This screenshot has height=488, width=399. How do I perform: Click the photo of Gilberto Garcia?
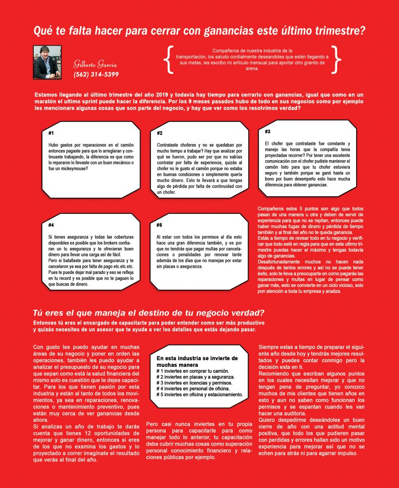[x=47, y=62]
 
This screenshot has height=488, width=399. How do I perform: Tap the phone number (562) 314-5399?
[x=96, y=74]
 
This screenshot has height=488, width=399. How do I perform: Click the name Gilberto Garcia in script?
[x=95, y=64]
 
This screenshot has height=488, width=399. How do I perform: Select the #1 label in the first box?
[x=51, y=133]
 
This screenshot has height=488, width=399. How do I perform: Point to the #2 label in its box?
[x=160, y=133]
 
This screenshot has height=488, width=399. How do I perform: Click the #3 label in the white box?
[x=268, y=131]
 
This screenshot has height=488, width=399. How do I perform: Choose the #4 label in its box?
[x=51, y=224]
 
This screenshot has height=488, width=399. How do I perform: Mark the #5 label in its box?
[x=160, y=224]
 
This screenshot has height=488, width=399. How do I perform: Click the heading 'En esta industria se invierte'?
[x=197, y=358]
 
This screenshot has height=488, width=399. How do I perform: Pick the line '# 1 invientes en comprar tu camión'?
[x=193, y=371]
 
